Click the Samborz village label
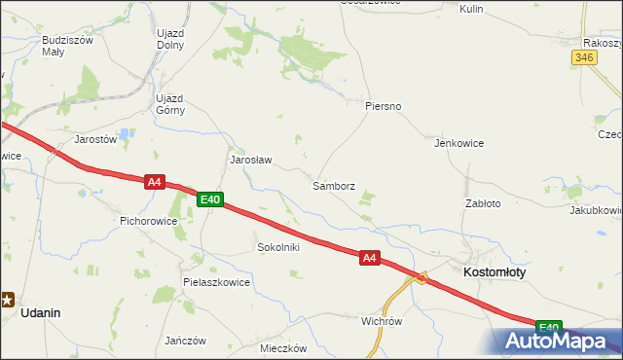(333, 185)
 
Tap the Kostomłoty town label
(495, 272)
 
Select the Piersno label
(383, 105)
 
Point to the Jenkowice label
(459, 142)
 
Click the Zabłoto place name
(483, 203)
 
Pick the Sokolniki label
(277, 247)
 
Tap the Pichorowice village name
(148, 221)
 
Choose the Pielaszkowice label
(216, 282)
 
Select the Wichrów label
(382, 320)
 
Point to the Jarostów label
(95, 139)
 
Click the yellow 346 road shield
(583, 58)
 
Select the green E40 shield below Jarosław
(210, 199)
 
